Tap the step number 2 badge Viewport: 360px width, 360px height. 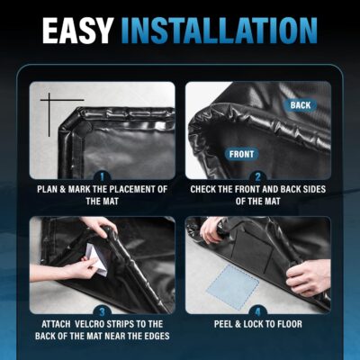[x=257, y=177]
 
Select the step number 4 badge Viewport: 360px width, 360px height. [x=257, y=310]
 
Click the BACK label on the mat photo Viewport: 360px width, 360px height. [x=300, y=105]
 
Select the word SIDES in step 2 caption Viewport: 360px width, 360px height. [x=318, y=190]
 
